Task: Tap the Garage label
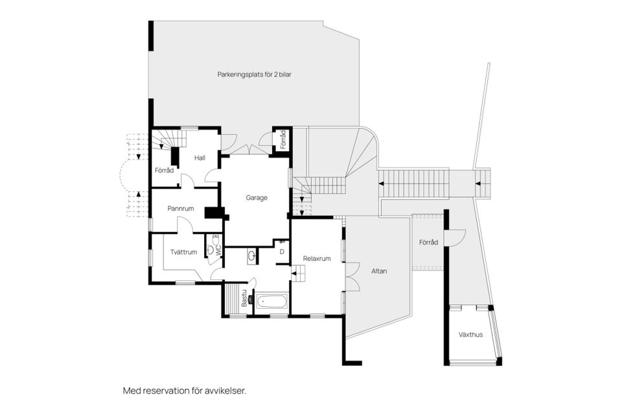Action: point(257,198)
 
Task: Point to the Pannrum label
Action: point(181,209)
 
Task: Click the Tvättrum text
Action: point(183,252)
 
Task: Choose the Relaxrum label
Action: point(317,258)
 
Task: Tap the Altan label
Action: point(379,271)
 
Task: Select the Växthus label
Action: point(471,335)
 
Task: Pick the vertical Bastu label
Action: point(245,299)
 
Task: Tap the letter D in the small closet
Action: point(282,252)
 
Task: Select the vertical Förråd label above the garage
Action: point(282,139)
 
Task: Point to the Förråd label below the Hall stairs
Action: point(164,171)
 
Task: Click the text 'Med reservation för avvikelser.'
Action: point(185,391)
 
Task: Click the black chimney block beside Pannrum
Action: point(213,213)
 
